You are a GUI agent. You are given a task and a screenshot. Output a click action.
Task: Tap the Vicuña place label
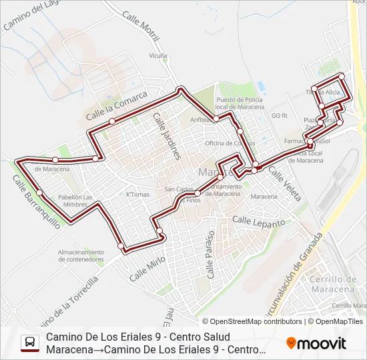pyautogui.click(x=158, y=56)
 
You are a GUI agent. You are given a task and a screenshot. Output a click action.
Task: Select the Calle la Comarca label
pyautogui.click(x=116, y=106)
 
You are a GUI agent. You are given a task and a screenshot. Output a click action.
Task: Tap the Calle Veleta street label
pyautogui.click(x=285, y=183)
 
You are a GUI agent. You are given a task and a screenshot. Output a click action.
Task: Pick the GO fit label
pyautogui.click(x=279, y=115)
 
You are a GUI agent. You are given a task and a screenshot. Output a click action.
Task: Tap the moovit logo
pyautogui.click(x=316, y=343)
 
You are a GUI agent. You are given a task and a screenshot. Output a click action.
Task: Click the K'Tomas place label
pyautogui.click(x=138, y=195)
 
